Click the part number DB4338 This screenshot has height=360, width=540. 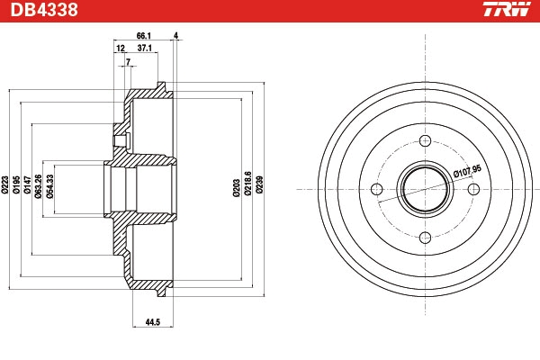(44, 10)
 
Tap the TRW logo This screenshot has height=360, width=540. (507, 9)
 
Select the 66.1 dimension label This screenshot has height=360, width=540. (144, 36)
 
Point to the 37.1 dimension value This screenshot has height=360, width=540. (145, 48)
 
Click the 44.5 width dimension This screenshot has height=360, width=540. (153, 322)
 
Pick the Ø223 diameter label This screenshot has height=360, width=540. (4, 184)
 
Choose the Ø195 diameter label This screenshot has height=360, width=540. (16, 184)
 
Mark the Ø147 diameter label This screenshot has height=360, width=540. (28, 184)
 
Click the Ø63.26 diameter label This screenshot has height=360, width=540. (38, 186)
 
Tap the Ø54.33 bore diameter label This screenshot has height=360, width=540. (49, 186)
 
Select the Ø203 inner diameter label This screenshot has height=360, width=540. (236, 188)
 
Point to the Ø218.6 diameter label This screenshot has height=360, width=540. (248, 184)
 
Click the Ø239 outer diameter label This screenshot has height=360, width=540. (260, 184)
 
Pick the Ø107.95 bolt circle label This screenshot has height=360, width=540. (467, 171)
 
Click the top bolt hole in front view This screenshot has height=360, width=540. (426, 140)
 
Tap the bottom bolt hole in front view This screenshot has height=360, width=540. (426, 238)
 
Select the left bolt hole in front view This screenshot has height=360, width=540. (377, 189)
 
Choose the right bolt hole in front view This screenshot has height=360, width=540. (474, 189)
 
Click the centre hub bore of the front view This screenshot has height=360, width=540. (426, 189)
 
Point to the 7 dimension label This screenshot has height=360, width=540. (128, 62)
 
